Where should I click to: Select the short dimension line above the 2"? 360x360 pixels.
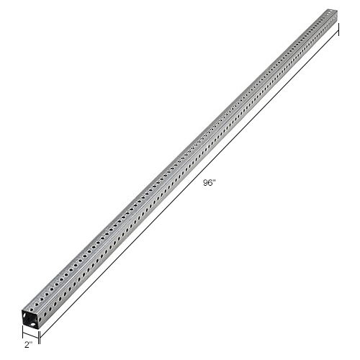pos(30,335)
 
